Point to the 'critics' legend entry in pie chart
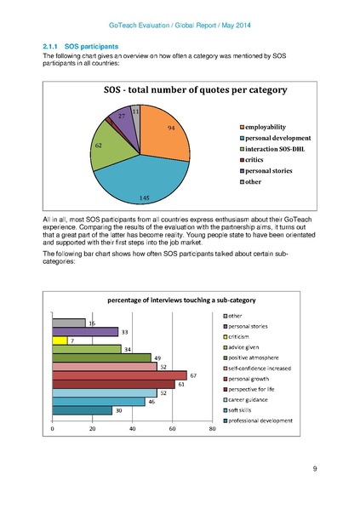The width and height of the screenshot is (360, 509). (x=260, y=160)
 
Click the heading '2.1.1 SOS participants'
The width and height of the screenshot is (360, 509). (x=80, y=45)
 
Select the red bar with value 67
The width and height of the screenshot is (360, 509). (x=119, y=375)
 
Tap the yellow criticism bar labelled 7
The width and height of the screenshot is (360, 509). (x=60, y=340)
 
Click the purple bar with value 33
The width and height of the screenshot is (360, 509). (x=85, y=331)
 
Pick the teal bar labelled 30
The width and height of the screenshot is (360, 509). (x=82, y=410)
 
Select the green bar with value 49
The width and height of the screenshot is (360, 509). (x=100, y=357)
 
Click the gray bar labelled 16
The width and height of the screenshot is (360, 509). (x=68, y=323)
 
